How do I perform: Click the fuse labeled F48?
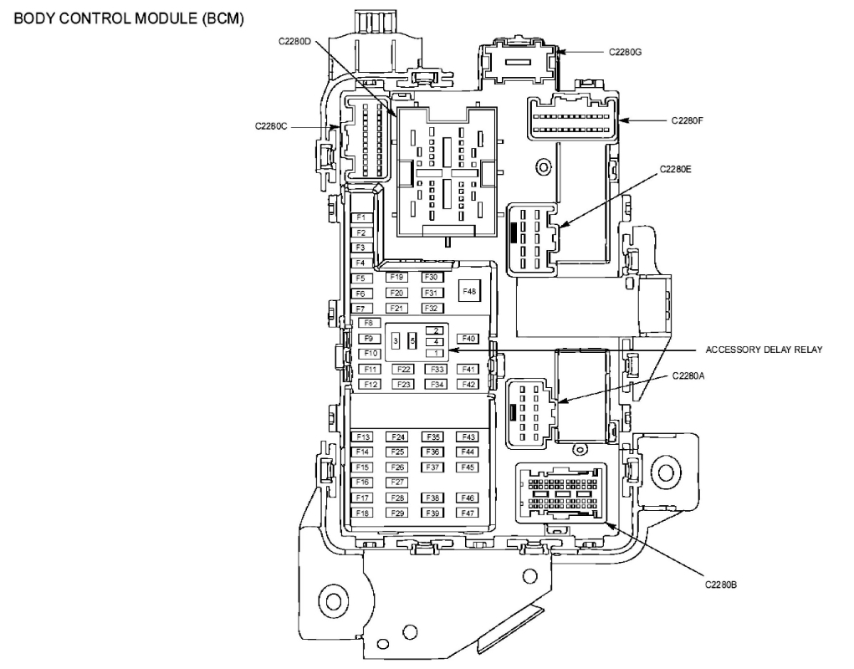469,291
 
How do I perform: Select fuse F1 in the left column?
361,217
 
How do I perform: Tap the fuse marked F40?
468,339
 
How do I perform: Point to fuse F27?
397,483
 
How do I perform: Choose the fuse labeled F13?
362,437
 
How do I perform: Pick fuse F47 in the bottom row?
468,513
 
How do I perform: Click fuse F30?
431,277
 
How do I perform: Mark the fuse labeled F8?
367,323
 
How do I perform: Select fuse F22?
403,369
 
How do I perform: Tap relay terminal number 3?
396,341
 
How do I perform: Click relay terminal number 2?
436,330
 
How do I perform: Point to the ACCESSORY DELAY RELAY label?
765,350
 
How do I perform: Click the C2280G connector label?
625,52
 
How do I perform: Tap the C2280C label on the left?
271,127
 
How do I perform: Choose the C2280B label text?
720,585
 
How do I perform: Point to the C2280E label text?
675,168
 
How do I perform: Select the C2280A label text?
688,376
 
